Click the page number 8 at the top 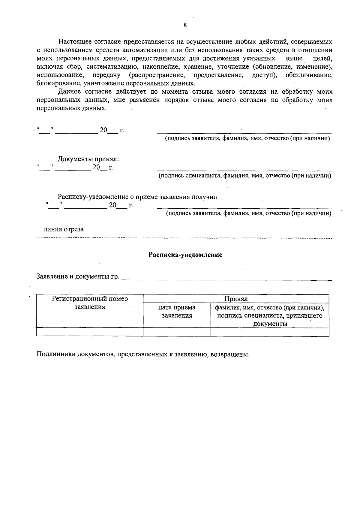pos(185,25)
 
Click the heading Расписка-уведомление pos(185,255)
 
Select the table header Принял pos(236,299)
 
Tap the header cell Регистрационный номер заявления pos(90,303)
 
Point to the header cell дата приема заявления pos(177,311)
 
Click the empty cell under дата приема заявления pos(177,332)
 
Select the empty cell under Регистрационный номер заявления pos(90,332)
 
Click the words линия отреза pos(64,229)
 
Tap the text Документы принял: pos(90,159)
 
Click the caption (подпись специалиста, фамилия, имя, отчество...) pos(245,176)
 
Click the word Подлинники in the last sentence pos(56,354)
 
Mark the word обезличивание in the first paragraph pos(309,75)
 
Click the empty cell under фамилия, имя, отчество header pos(270,332)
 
